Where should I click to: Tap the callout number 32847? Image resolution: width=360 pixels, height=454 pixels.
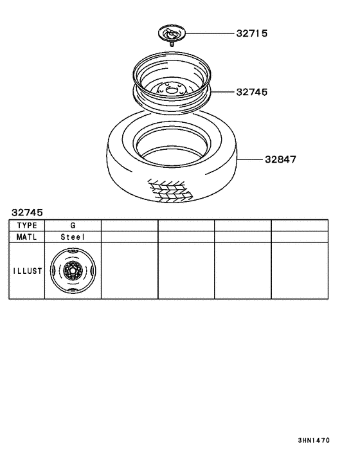[x=280, y=159]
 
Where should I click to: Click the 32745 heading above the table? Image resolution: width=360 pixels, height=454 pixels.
[x=26, y=212]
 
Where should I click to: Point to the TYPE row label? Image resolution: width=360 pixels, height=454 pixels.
[x=26, y=225]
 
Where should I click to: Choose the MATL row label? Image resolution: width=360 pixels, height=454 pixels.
[x=26, y=237]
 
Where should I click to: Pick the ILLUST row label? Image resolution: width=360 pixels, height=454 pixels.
[x=26, y=271]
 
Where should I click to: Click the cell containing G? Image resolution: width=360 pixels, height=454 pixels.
[x=73, y=225]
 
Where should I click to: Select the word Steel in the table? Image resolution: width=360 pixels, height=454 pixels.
[x=73, y=237]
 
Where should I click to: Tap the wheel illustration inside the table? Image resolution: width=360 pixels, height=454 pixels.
[x=73, y=271]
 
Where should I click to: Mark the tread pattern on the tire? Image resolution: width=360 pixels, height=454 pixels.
[x=170, y=189]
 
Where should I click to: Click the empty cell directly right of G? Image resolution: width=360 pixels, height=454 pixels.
[x=129, y=225]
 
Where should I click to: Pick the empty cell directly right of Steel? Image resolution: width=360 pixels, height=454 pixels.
[x=129, y=237]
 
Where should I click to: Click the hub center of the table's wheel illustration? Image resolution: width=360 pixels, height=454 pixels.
[x=73, y=271]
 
